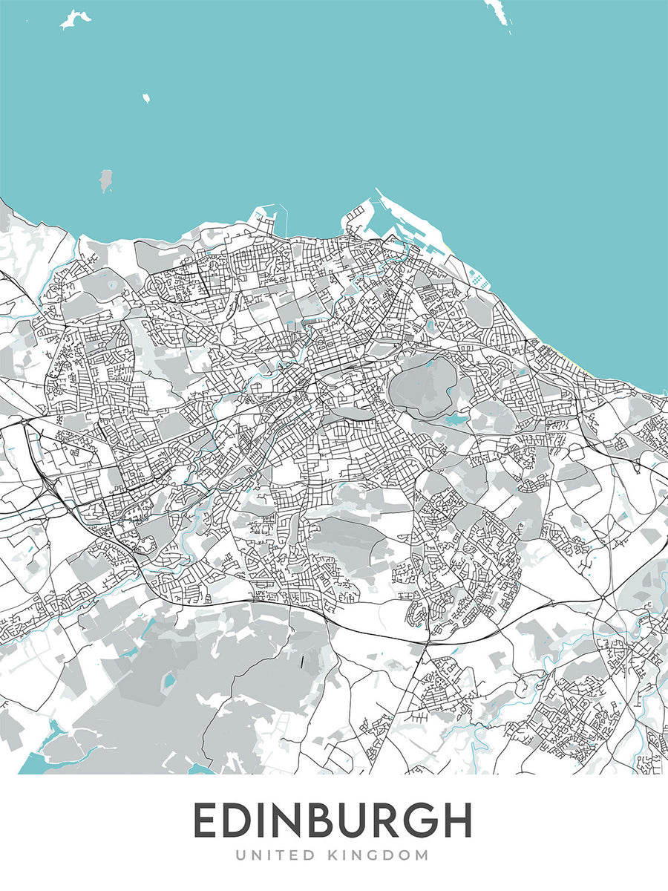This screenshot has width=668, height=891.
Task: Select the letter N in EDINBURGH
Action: (x=292, y=820)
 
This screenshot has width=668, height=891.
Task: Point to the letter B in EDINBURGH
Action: (x=329, y=820)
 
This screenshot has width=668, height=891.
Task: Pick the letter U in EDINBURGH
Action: (x=364, y=820)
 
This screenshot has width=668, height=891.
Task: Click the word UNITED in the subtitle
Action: (x=274, y=855)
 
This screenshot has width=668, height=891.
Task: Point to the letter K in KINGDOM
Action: (x=334, y=855)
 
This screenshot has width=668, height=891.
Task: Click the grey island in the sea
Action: (x=106, y=178)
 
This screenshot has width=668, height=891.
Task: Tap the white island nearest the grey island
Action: (x=145, y=98)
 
